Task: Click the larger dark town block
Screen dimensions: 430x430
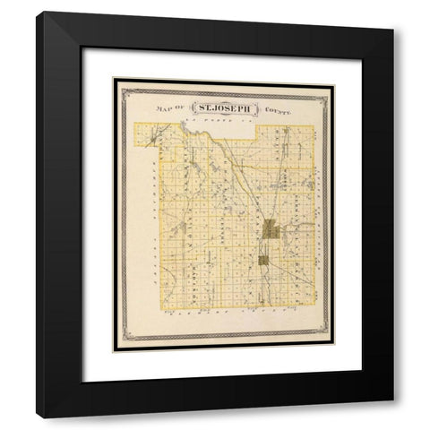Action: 271,231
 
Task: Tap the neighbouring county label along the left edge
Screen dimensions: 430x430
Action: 153,215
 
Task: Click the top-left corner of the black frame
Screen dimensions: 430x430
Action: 38,13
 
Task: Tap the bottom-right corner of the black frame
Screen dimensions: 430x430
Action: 392,417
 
